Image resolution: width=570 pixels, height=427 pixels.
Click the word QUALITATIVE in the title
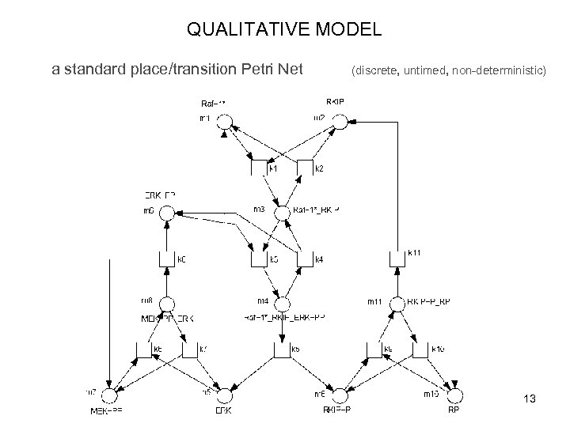click(x=238, y=31)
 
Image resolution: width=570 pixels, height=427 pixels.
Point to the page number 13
click(x=530, y=399)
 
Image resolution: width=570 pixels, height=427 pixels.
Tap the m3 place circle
click(x=283, y=211)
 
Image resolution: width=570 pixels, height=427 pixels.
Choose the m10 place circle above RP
click(x=453, y=393)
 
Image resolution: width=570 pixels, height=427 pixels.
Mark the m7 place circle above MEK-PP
click(x=112, y=393)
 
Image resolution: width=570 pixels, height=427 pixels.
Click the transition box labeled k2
click(x=305, y=168)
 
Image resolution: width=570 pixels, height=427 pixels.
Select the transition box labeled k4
click(x=305, y=259)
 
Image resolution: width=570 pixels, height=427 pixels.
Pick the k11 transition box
click(x=397, y=259)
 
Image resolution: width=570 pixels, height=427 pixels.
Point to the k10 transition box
click(x=419, y=349)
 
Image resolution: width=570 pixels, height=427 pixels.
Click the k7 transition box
click(x=189, y=349)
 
